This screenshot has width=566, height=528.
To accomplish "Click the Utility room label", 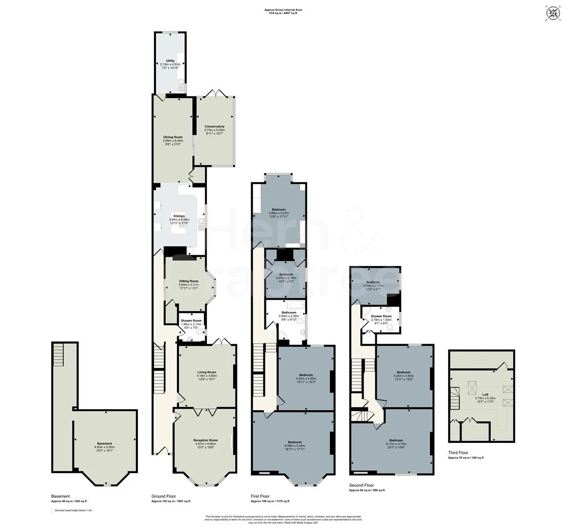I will coord(170,61).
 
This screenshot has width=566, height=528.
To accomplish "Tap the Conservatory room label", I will coord(215,127).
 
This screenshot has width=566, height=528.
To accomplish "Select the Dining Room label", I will coord(173,137).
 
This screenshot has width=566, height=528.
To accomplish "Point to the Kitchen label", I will coord(179,216).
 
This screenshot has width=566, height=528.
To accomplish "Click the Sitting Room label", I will coord(189,282).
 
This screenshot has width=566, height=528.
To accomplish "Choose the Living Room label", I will coord(207,373).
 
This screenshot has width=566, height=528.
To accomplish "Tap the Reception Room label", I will coord(205,440).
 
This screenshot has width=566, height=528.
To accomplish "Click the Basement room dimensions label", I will coord(104,447).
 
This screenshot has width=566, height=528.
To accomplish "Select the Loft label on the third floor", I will coord(485,395).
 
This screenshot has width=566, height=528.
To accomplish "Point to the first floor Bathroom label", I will coord(288,312).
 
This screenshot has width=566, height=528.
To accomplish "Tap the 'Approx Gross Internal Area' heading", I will coord(283,10).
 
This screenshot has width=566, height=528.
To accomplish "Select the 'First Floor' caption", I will coord(260,496).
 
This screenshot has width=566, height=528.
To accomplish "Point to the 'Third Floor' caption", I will coord(458,453).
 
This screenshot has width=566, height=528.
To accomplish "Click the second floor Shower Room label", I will coord(381,316).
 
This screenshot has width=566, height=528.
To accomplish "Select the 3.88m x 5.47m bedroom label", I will coord(279,210).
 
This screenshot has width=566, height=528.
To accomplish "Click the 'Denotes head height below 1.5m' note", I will coord(73,510).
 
